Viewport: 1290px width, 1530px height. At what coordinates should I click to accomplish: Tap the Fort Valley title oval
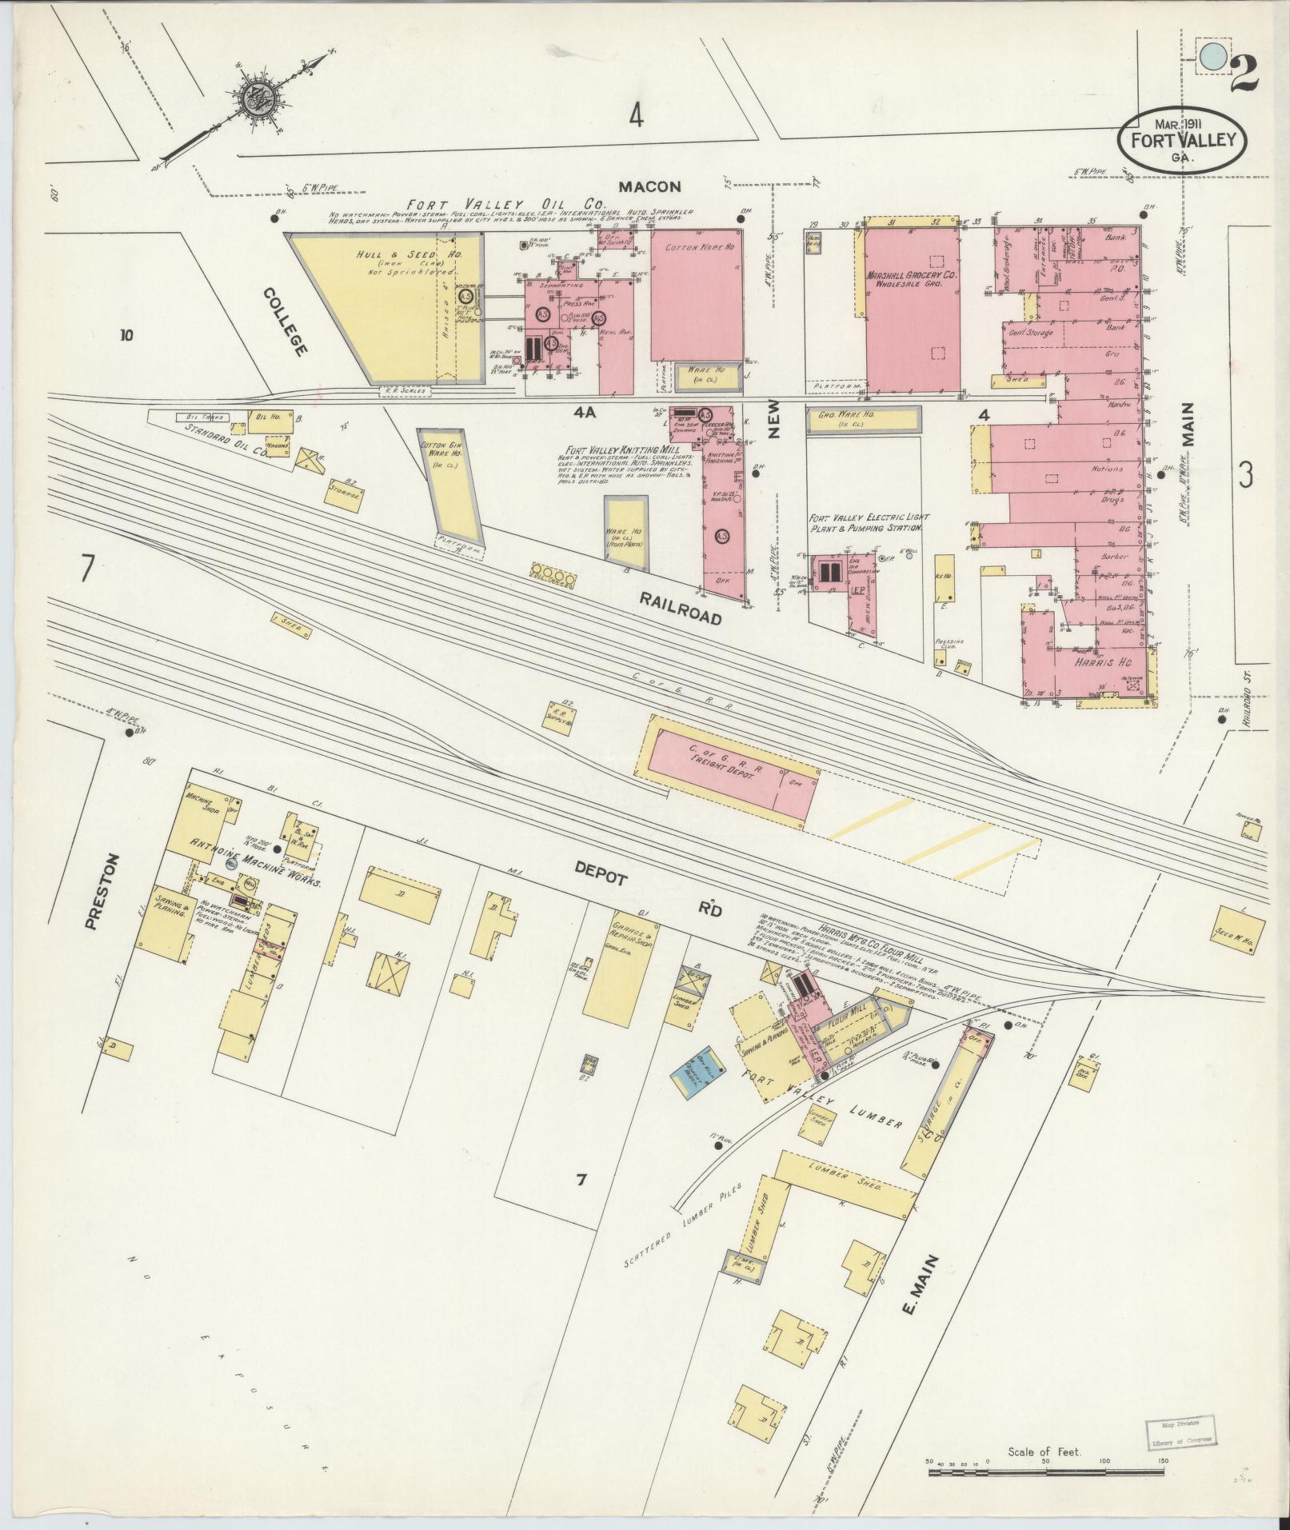point(1182,141)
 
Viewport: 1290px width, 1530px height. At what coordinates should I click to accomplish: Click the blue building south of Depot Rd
point(697,1069)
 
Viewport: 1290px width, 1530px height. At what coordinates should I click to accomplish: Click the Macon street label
point(649,186)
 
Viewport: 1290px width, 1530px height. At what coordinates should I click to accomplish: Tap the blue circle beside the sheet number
point(1212,56)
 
